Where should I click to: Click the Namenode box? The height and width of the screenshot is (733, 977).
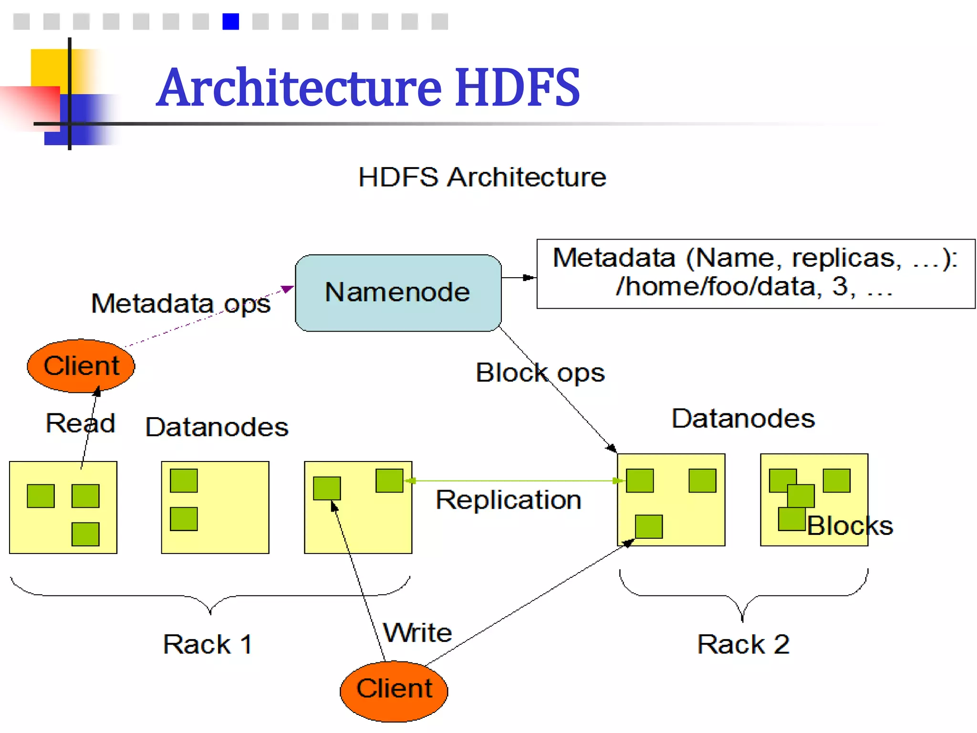[398, 293]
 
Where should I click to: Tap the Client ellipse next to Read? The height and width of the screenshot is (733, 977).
[81, 366]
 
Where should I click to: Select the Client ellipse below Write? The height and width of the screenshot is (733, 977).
[394, 690]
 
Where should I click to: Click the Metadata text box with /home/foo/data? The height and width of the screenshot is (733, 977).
[755, 273]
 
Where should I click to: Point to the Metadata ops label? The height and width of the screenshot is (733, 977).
[180, 304]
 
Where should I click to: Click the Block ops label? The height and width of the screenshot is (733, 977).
[540, 373]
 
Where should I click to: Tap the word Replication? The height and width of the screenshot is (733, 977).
[509, 500]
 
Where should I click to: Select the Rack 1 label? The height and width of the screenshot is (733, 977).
[208, 644]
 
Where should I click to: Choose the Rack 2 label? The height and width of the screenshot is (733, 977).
[743, 644]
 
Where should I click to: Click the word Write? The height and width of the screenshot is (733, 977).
[417, 633]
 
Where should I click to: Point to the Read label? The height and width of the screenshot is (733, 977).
[80, 423]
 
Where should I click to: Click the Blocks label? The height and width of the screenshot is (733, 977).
[850, 526]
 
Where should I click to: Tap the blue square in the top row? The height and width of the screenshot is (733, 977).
[230, 21]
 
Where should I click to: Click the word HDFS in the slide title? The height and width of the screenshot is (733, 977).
[517, 87]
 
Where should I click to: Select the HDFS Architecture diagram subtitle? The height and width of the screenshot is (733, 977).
[482, 177]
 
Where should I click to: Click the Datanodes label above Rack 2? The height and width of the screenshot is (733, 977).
[743, 419]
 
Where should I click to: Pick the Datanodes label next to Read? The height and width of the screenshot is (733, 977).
[217, 427]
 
